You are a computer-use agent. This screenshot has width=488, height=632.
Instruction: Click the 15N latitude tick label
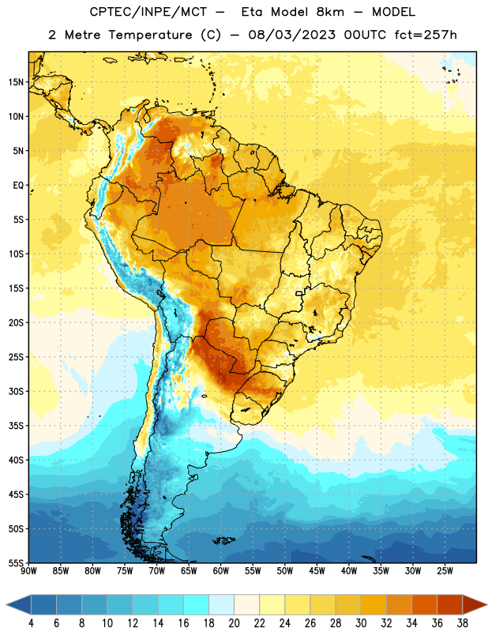click(x=16, y=82)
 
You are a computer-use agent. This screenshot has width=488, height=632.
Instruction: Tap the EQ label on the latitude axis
click(x=18, y=186)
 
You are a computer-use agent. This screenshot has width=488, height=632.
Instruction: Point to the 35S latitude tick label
click(x=16, y=426)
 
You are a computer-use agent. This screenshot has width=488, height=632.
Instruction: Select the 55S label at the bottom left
click(x=16, y=562)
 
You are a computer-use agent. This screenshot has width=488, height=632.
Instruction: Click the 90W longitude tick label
click(x=28, y=570)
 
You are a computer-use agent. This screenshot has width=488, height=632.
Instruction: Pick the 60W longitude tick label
click(x=221, y=570)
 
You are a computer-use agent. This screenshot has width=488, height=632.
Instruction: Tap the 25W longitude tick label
click(x=445, y=570)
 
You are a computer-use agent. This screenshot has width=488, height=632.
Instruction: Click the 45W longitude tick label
click(x=317, y=570)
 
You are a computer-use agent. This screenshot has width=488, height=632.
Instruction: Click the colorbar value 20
click(x=234, y=623)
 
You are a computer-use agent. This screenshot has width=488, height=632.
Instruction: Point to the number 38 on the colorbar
click(x=463, y=623)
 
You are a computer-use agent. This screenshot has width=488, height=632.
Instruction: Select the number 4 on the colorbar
click(x=31, y=623)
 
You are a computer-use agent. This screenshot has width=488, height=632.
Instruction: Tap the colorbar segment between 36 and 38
click(x=450, y=604)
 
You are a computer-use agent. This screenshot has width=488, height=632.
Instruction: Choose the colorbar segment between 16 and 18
click(x=197, y=604)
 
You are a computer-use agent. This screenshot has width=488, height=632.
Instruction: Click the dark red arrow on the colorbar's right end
click(x=475, y=604)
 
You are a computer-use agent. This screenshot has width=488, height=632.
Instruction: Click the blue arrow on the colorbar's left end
click(x=19, y=604)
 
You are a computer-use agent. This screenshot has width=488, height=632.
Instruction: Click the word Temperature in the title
click(x=150, y=35)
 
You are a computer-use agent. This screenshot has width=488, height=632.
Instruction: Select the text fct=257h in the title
click(x=426, y=35)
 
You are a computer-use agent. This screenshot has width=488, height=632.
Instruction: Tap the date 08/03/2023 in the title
click(x=291, y=35)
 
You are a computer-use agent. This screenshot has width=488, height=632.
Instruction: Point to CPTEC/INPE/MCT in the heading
click(x=148, y=12)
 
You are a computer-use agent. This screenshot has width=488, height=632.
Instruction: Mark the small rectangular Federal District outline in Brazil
click(x=299, y=293)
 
